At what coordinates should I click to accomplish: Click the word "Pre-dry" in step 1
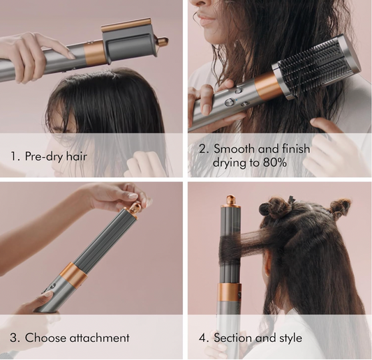pyautogui.click(x=44, y=156)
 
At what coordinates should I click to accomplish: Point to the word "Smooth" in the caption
pyautogui.click(x=235, y=149)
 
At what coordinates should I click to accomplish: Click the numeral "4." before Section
pyautogui.click(x=204, y=338)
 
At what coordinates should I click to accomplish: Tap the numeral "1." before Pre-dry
pyautogui.click(x=15, y=156)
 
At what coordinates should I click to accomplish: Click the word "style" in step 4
pyautogui.click(x=286, y=338)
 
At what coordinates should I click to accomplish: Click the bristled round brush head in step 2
pyautogui.click(x=318, y=66)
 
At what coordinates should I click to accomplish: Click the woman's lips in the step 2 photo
pyautogui.click(x=204, y=19)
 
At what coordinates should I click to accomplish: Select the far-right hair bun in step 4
pyautogui.click(x=341, y=207)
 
